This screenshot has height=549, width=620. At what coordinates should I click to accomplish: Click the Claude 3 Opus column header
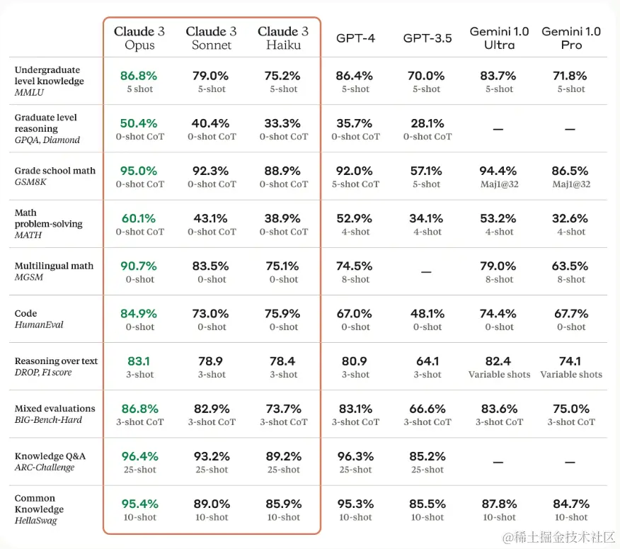139,38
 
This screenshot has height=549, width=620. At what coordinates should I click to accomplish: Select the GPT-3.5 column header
427,38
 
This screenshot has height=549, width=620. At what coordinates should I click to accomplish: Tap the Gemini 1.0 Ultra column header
499,38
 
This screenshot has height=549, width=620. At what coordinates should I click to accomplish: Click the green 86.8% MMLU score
139,76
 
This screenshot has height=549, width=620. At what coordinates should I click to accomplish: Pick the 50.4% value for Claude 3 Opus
139,123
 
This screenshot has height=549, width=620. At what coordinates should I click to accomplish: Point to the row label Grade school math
55,171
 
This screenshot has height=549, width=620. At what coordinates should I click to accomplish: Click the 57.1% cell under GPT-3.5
426,171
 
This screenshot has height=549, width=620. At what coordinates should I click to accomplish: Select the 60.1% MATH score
139,218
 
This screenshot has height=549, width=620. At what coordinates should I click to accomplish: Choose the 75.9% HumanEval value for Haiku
283,314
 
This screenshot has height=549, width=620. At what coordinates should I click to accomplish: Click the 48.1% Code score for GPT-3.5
426,314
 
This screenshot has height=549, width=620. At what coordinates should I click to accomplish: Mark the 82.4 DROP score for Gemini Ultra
499,361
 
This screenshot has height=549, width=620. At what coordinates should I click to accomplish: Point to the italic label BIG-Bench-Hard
48,420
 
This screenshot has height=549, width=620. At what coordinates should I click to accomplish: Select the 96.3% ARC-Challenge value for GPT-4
355,456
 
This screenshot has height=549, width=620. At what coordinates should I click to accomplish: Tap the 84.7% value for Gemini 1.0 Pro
571,504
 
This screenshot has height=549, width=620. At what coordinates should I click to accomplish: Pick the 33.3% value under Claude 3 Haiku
283,123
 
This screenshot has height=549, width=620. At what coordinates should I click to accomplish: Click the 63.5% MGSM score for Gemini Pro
571,266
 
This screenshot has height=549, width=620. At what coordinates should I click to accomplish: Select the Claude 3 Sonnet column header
211,38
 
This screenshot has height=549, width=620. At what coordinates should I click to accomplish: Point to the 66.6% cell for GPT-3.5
426,409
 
